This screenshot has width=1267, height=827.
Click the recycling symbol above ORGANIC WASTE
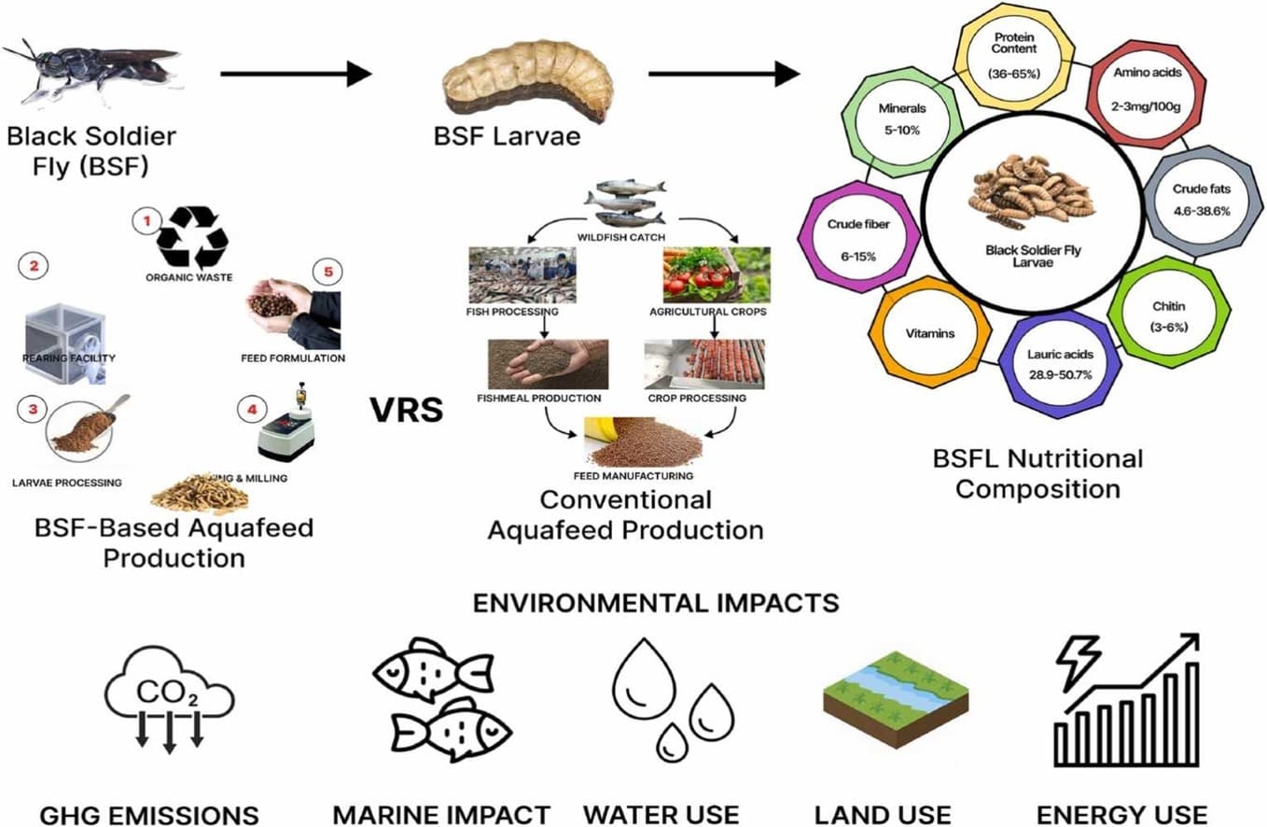pyautogui.click(x=192, y=239)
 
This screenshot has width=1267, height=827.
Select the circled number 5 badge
pyautogui.click(x=327, y=272)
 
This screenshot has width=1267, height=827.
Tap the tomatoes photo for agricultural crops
pyautogui.click(x=716, y=274)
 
